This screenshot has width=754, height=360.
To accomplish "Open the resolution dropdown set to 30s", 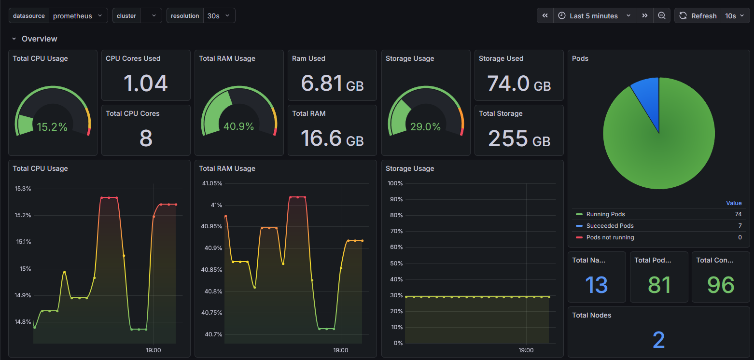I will point(219,16).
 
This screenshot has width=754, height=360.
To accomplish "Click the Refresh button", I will point(698,16).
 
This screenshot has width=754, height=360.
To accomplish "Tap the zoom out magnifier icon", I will point(661,16).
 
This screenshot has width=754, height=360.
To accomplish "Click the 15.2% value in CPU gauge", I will point(52,127).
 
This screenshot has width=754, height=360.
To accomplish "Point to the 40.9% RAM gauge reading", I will point(238,126).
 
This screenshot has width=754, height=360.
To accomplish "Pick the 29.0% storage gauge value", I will point(425,127).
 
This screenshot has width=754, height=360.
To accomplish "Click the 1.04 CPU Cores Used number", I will point(146,83).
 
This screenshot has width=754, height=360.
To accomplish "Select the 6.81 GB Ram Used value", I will point(332,83).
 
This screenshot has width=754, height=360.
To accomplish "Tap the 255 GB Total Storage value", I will point(519,138).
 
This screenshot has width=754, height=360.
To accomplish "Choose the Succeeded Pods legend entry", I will point(610,226).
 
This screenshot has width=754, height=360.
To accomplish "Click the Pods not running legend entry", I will point(610,237).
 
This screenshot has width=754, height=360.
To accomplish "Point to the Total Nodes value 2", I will point(658,340).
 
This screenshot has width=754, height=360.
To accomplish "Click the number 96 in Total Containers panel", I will point(720,285).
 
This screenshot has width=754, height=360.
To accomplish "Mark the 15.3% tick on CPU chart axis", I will point(23,189).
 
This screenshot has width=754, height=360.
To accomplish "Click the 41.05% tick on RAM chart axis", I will point(212,183).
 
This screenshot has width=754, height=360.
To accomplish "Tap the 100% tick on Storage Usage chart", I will point(395,183).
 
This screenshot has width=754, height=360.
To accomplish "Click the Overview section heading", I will point(39,39).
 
